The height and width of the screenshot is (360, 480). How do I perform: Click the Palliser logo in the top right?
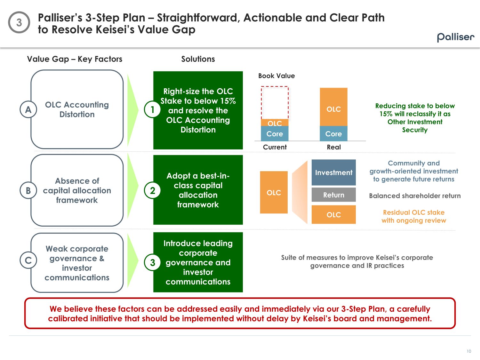(456, 37)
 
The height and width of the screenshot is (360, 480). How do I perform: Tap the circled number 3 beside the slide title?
(19, 22)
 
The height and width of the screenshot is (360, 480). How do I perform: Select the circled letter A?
(28, 109)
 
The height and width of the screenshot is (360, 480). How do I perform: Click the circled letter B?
(28, 190)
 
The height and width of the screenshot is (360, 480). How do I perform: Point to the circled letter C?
(28, 260)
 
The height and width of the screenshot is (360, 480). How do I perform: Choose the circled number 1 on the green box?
(153, 109)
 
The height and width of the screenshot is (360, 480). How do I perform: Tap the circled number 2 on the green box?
(153, 190)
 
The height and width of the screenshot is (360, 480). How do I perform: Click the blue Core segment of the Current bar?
(275, 134)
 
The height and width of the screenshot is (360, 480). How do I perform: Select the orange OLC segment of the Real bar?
(333, 107)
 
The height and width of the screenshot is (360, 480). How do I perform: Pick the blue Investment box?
(333, 172)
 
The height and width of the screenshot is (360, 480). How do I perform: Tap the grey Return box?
(333, 195)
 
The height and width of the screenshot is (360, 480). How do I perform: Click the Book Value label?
(276, 76)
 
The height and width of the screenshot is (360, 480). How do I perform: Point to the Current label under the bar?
(275, 147)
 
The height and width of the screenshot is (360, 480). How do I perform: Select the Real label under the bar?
(334, 147)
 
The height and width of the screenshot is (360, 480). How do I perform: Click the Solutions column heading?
(198, 59)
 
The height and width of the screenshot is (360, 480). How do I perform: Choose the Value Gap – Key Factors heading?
(75, 59)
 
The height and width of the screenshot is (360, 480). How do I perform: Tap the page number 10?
(469, 351)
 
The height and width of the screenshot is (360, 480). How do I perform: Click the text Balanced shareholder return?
(415, 196)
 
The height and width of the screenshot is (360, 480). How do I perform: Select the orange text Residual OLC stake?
(413, 212)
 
